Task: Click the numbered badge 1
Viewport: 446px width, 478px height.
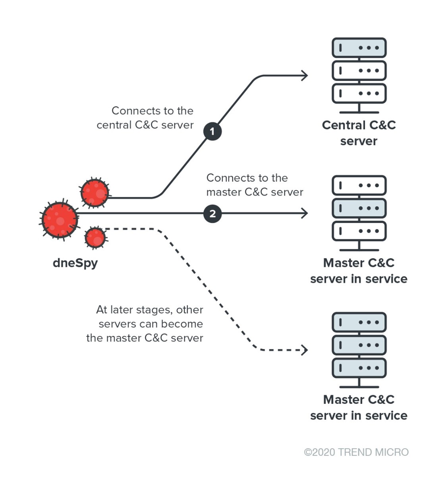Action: (x=212, y=131)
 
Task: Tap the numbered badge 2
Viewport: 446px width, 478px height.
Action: (x=212, y=214)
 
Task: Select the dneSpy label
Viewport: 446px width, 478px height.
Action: (x=75, y=263)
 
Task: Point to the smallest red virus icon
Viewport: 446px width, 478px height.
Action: (x=95, y=238)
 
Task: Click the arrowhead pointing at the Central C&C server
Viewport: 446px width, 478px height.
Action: (x=305, y=75)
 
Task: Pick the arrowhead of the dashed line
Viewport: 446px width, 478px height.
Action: (x=305, y=350)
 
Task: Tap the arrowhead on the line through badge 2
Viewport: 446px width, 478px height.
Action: (x=305, y=213)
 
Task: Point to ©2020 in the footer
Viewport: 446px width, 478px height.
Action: (x=319, y=452)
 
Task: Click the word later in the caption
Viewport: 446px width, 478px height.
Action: (x=123, y=310)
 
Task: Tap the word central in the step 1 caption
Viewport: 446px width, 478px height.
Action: (x=114, y=125)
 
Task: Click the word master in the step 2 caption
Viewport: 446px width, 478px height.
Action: (x=224, y=192)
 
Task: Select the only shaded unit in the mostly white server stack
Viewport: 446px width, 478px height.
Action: (x=359, y=208)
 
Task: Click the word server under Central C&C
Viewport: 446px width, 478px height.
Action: (x=359, y=141)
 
